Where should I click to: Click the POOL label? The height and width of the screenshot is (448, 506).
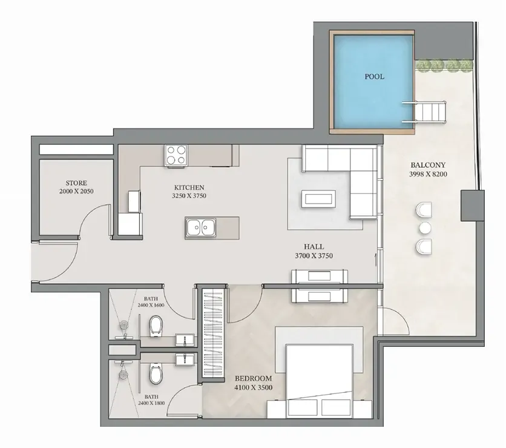(x=374, y=76)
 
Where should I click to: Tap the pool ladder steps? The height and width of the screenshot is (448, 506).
(x=425, y=112)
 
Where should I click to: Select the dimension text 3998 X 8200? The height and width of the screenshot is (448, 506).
(x=428, y=174)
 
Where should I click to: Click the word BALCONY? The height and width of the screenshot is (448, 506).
(x=428, y=165)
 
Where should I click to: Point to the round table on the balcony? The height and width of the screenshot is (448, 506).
(x=425, y=228)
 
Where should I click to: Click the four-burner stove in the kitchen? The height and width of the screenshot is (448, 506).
(x=176, y=155)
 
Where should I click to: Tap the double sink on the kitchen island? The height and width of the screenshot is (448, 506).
(x=201, y=227)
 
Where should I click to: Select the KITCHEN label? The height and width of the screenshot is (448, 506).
(x=189, y=187)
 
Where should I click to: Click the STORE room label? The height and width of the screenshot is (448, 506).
(x=76, y=183)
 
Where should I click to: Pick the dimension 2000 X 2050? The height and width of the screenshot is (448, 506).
(x=76, y=192)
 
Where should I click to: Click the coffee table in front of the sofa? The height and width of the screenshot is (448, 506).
(x=318, y=198)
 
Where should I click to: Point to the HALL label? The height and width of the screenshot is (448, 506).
(x=314, y=247)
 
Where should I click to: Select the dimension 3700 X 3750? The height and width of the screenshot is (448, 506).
(x=314, y=256)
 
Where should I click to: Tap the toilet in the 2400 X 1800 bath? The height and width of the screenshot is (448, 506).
(x=156, y=374)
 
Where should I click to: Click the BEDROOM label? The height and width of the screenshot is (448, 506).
(x=254, y=378)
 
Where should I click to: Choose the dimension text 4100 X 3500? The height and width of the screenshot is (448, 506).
(x=254, y=387)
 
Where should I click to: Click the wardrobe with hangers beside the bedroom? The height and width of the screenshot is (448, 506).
(x=212, y=333)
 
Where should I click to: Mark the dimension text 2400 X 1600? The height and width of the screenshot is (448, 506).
(x=151, y=305)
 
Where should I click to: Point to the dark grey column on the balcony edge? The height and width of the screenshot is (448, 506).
(x=473, y=206)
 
